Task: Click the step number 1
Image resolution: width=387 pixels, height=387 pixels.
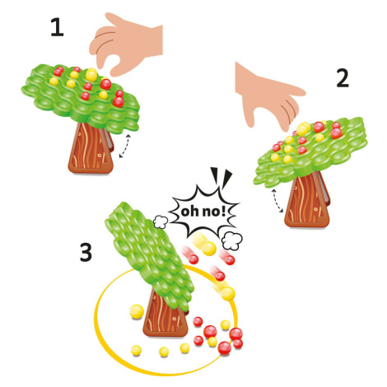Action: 57,28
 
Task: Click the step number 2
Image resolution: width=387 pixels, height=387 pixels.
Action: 343,78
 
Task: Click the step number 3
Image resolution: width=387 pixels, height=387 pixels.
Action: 86,253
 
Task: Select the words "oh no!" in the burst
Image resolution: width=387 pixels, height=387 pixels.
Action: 203,212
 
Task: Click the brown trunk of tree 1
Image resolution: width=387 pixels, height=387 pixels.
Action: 90,148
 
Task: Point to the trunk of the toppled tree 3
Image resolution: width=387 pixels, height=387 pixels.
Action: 165,315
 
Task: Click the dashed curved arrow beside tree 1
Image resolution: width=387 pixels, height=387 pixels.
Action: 125,146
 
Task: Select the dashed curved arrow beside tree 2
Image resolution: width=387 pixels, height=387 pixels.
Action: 277,200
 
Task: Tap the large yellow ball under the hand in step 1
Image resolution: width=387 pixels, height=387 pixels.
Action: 91,75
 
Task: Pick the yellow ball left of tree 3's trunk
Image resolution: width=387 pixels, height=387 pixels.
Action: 137,311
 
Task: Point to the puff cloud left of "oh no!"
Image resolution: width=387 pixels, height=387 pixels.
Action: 161,222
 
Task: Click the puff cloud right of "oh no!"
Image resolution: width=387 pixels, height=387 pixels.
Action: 232,240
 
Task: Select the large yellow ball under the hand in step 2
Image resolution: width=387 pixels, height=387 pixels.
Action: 302,129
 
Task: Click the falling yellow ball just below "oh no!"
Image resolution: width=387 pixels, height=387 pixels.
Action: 208,249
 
